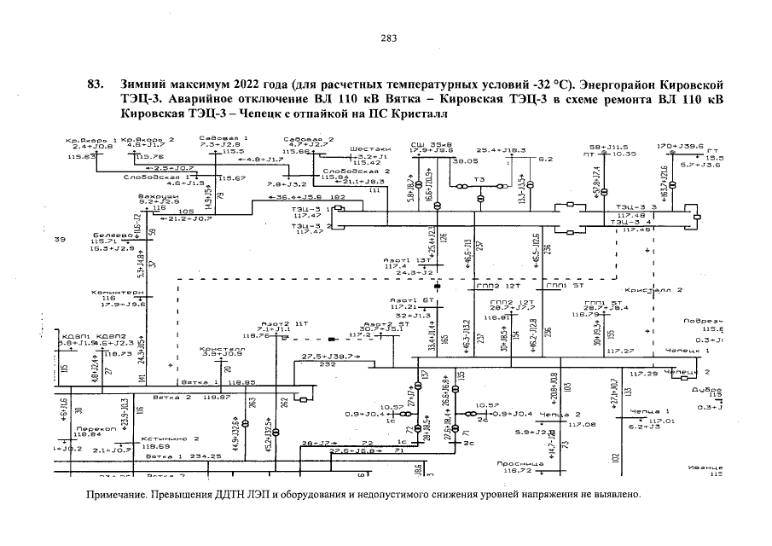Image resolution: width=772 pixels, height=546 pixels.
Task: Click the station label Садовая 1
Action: pos(211,137)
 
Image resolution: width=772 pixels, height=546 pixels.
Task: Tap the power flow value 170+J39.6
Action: pos(680,146)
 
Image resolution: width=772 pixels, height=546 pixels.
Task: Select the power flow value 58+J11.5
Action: pos(608,147)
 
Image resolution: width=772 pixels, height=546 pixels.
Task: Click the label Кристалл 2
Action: pos(653,290)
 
